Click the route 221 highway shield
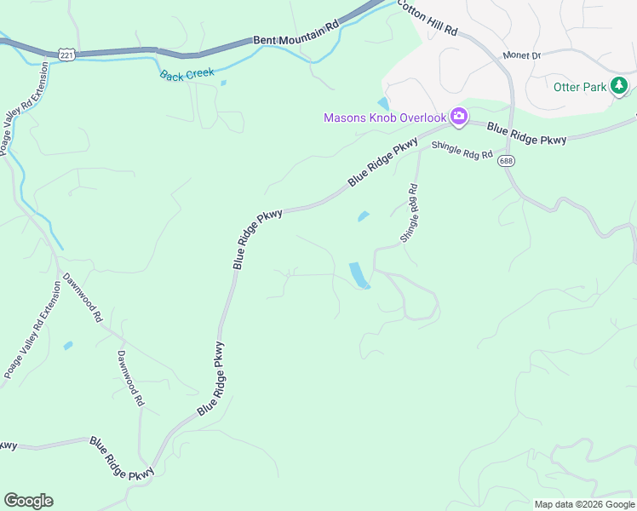66,54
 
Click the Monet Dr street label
521,55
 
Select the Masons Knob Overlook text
385,118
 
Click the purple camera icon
459,116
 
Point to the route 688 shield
508,161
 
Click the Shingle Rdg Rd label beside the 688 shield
462,151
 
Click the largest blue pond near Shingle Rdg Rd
359,275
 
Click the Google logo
28,501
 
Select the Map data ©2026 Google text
584,504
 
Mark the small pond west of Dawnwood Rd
67,346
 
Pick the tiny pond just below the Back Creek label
223,83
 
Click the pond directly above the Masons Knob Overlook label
384,103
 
